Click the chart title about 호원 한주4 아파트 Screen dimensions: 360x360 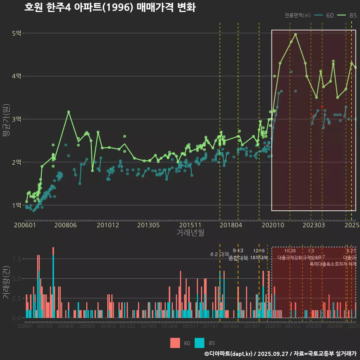coord(109,7)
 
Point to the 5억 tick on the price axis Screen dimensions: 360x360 coord(16,33)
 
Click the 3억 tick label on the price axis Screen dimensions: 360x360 coord(16,119)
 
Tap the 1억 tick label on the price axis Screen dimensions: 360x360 coord(16,205)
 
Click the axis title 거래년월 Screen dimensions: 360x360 coord(190,233)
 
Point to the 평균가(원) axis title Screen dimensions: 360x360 coord(6,122)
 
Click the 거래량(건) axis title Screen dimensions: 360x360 coord(6,282)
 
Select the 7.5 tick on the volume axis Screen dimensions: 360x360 coord(16,259)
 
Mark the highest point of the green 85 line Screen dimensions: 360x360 coord(295,34)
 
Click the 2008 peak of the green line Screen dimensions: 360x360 coord(69,112)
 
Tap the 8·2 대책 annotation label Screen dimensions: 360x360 coord(220,254)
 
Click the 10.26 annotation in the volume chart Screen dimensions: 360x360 coord(290,251)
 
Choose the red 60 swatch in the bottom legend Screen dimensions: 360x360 coord(175,343)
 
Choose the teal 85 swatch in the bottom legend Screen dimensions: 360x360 coord(200,343)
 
